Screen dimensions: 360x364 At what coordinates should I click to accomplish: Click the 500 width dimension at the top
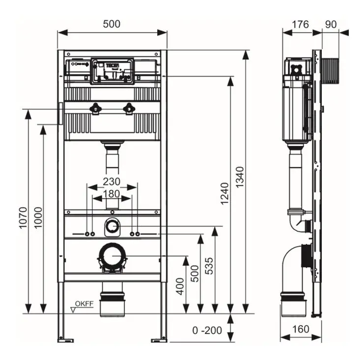point(112,24)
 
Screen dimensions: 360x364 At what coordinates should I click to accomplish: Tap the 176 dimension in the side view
point(301,24)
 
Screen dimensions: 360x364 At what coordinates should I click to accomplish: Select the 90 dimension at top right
point(331,24)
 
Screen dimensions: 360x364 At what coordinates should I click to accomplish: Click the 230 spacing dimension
point(112,182)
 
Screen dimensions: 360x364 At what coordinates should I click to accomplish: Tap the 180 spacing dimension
point(112,194)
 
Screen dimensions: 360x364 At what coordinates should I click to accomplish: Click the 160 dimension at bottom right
point(300,329)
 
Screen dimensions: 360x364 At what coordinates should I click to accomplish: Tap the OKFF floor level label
point(84,304)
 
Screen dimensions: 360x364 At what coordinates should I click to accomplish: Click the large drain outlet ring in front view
point(112,256)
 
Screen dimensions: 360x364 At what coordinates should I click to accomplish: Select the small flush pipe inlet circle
point(112,227)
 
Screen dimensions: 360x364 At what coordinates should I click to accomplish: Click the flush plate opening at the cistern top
point(112,71)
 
